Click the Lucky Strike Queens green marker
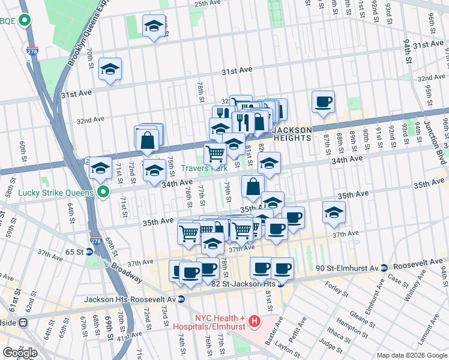pos(103,193)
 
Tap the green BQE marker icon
pos(25,22)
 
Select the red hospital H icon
pos(255,322)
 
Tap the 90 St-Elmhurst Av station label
pos(340,266)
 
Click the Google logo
pos(20,353)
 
